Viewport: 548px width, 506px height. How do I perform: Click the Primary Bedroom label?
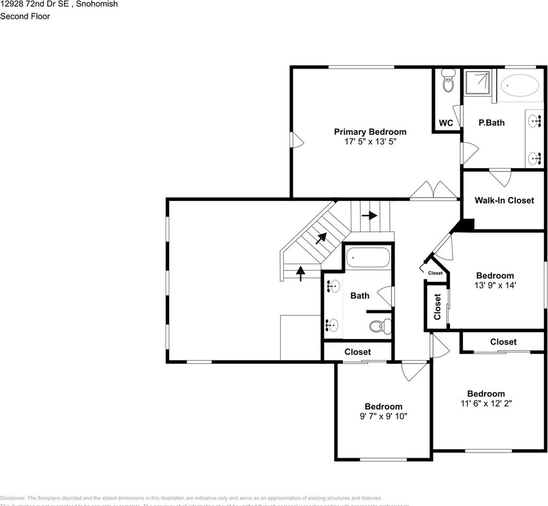[370, 132]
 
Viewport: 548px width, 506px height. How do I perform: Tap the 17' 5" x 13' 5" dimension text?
[370, 142]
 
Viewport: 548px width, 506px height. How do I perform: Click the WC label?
[446, 123]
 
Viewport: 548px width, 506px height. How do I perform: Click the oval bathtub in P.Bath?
[520, 85]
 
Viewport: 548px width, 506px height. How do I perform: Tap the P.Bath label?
[491, 123]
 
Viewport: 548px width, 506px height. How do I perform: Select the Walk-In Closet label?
[504, 200]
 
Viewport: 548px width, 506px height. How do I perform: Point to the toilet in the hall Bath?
[379, 326]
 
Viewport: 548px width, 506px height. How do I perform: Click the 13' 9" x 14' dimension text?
[494, 285]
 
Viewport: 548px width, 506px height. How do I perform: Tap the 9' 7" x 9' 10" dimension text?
[383, 416]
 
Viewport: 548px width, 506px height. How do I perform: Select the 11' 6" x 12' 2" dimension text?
[485, 403]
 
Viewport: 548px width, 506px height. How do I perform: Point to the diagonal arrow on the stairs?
[320, 238]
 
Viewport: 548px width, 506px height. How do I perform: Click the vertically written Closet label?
[437, 307]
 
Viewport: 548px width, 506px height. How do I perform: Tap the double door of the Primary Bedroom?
[434, 191]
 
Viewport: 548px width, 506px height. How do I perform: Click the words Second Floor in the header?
[25, 16]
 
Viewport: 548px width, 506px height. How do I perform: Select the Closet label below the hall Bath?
[357, 352]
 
